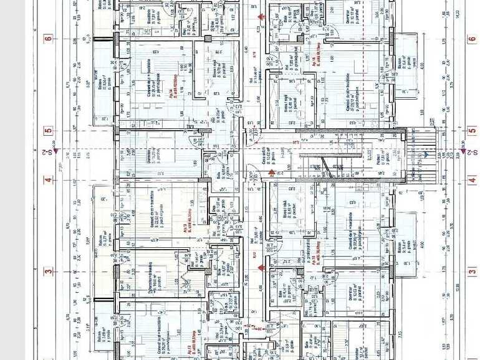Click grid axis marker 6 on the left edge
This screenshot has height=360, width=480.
coord(47,39)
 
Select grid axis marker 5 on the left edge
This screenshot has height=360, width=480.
coord(47,132)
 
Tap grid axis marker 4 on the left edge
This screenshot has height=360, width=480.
coord(47,181)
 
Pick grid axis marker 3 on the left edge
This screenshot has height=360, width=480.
coord(47,271)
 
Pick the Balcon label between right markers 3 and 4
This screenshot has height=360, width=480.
coord(403,246)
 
